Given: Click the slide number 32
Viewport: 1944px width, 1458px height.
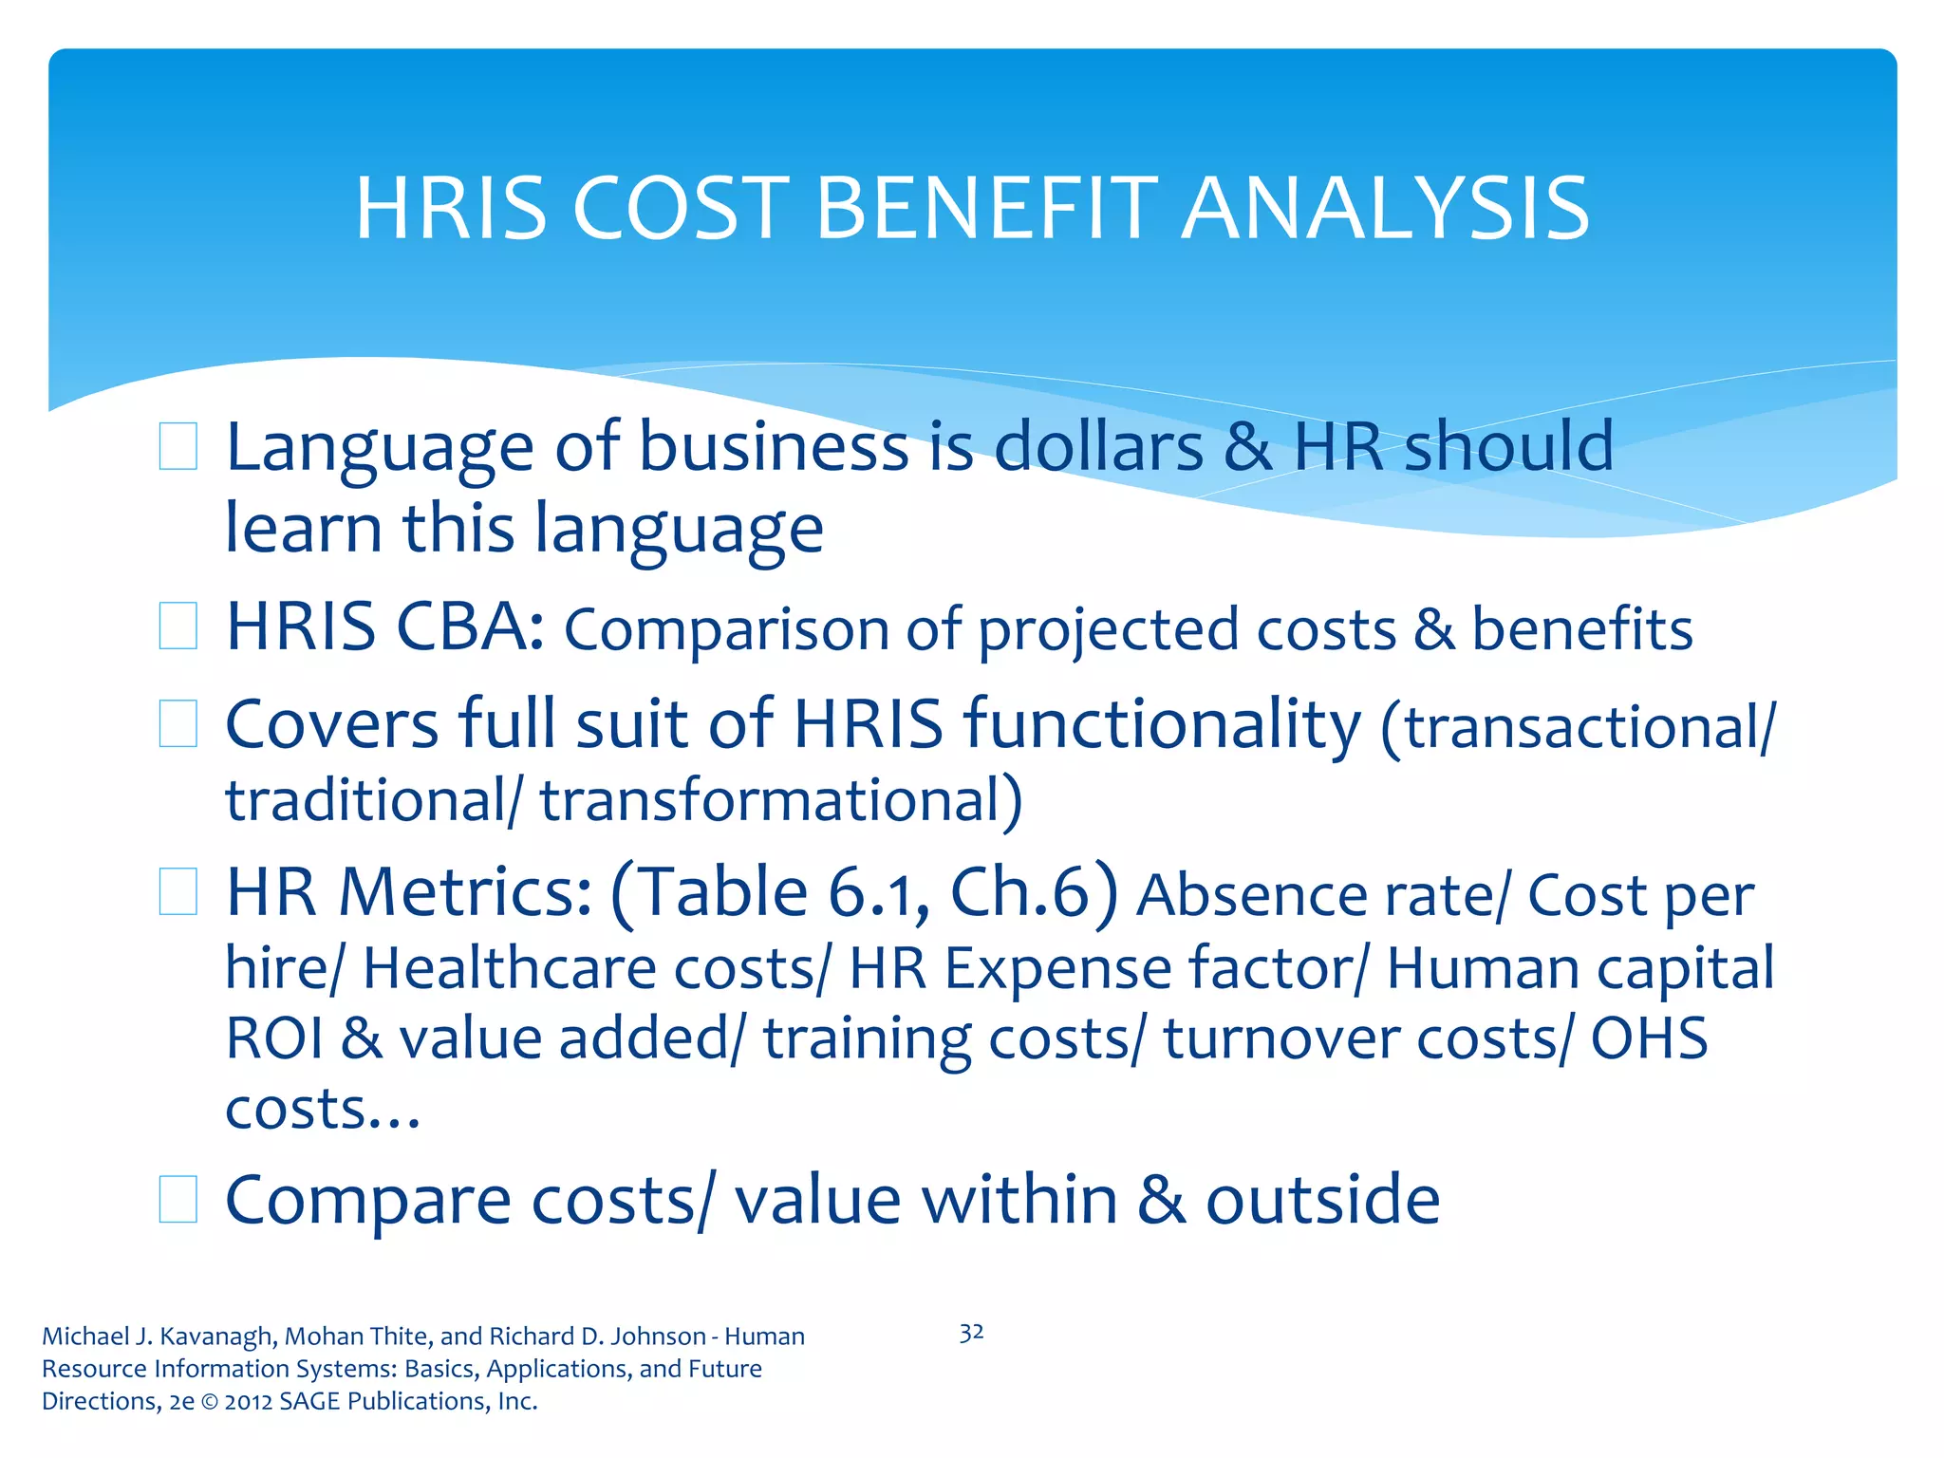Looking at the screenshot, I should coord(971,1333).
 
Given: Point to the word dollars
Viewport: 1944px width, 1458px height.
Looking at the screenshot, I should coord(1098,446).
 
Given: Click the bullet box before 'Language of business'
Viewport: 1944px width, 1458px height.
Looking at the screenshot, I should coord(178,446).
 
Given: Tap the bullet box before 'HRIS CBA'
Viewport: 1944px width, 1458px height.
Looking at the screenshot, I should coord(178,626).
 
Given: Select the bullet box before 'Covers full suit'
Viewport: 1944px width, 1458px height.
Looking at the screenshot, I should coord(178,724).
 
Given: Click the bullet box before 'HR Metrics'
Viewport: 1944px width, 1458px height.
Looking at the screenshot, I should coord(178,892).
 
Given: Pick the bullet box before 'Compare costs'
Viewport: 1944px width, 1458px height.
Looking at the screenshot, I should coord(178,1199).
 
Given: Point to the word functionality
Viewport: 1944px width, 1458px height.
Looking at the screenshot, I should coord(1162,724).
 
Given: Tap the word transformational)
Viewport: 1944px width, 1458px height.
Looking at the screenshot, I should coord(781,800).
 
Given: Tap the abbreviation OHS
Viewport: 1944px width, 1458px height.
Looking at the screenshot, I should coord(1649,1037).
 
